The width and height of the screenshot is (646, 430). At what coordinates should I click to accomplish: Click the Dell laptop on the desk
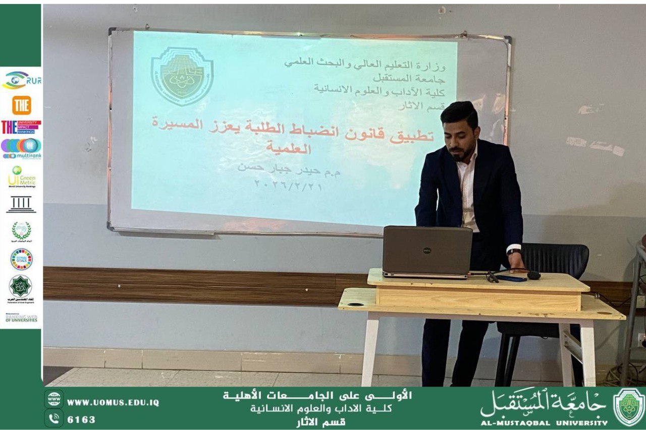[427, 251]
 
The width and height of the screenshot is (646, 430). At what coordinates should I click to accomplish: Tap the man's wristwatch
[514, 251]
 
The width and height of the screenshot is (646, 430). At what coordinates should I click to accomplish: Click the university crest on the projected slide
[182, 76]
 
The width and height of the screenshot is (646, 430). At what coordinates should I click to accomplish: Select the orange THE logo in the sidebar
[21, 105]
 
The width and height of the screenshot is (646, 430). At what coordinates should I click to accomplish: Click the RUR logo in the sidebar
[21, 79]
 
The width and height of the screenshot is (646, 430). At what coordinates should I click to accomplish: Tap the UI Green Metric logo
[21, 177]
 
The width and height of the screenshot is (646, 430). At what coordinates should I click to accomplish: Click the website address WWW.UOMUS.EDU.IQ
[113, 402]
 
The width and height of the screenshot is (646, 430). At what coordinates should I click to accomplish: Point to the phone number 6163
[81, 419]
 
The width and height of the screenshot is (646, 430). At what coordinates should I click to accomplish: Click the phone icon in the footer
[53, 418]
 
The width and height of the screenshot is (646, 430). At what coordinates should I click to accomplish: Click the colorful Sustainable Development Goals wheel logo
[21, 259]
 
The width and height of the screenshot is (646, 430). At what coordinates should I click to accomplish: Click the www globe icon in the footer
[53, 399]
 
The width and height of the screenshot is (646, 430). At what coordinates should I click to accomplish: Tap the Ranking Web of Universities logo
[21, 318]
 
